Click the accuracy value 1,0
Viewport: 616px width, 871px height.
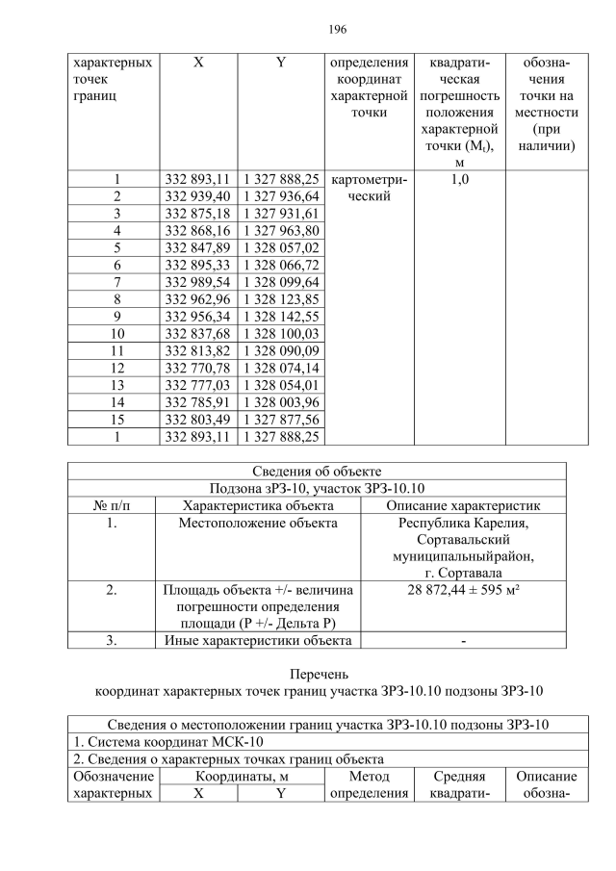click(x=459, y=178)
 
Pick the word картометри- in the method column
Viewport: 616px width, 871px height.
click(x=369, y=178)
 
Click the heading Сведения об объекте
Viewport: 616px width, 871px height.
click(x=317, y=471)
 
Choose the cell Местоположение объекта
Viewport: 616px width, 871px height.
click(x=258, y=524)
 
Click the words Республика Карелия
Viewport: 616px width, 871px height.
click(x=462, y=524)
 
